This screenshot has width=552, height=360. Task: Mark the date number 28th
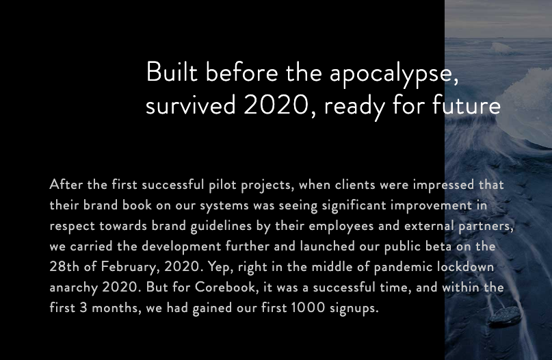(x=64, y=267)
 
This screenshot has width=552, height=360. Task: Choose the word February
(x=126, y=267)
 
